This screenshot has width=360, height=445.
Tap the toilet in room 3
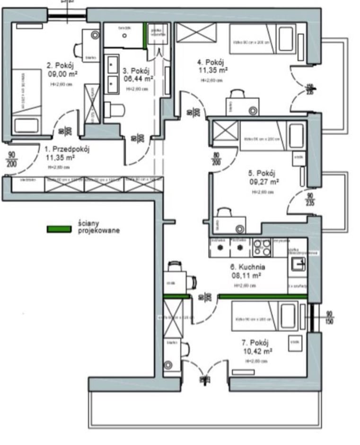point(114,109)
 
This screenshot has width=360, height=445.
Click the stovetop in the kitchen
point(262,247)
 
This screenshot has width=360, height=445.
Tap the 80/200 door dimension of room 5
point(217,158)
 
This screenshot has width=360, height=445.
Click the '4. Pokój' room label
point(211,62)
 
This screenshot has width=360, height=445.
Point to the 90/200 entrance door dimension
point(11,158)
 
